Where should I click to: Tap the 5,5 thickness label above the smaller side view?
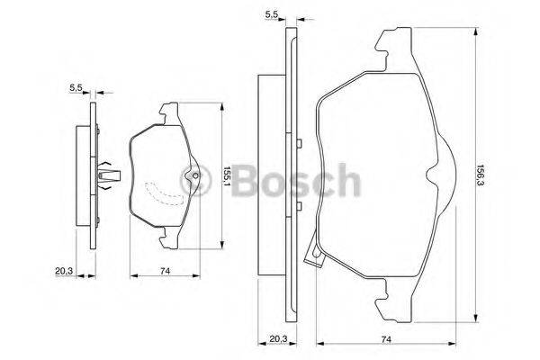(76, 87)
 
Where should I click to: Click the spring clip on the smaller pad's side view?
(107, 174)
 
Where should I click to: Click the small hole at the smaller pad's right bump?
(192, 175)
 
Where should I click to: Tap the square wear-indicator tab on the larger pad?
(314, 261)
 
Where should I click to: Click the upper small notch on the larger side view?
(296, 141)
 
